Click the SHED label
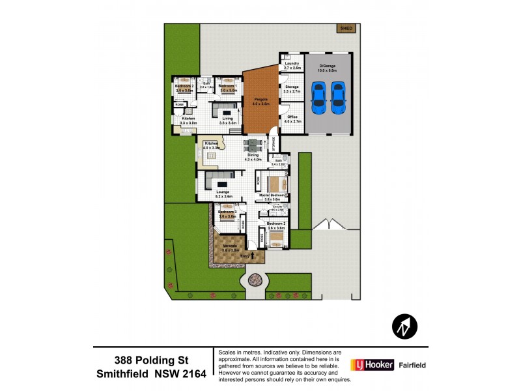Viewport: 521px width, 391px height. point(345,29)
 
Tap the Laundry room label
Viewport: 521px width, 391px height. point(292,63)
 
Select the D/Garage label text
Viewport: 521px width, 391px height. point(327,64)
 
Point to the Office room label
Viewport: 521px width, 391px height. point(292,117)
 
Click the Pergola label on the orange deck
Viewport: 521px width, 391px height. point(260,100)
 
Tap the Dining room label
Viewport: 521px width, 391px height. point(253,154)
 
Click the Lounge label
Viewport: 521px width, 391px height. point(223,192)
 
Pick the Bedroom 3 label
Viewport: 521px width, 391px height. point(226,212)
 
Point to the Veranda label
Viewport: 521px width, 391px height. point(230,246)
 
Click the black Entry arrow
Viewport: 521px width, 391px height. point(255,256)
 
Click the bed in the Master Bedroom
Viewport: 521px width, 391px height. point(274,182)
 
